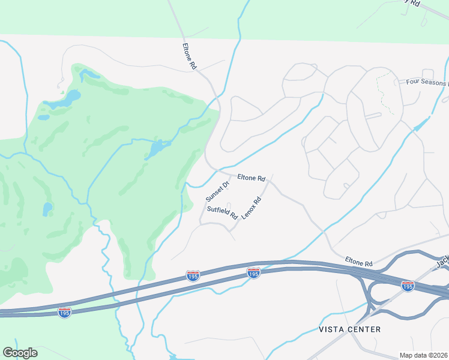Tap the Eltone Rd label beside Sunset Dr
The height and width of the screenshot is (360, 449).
click(252, 178)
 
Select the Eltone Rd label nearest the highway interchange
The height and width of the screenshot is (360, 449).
click(359, 263)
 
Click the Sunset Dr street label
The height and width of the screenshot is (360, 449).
click(217, 191)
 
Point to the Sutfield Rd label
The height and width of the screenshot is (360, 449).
click(222, 213)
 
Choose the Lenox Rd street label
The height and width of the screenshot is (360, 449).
click(252, 208)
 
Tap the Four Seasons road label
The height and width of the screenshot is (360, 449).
click(427, 82)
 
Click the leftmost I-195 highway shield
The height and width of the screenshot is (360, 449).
click(65, 312)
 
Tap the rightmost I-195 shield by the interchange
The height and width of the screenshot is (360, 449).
click(408, 286)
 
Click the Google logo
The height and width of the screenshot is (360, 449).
click(20, 353)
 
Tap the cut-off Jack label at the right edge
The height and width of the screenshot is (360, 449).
click(442, 262)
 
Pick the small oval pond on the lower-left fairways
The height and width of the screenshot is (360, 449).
click(47, 209)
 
